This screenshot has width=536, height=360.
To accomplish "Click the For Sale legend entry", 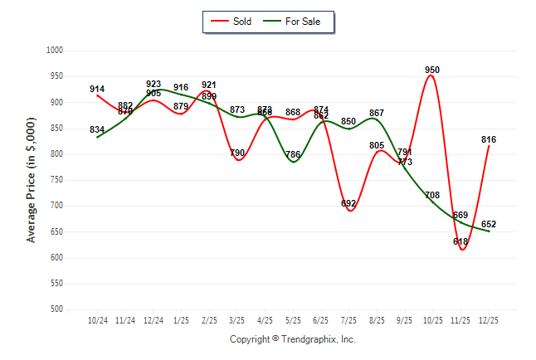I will coord(296,22).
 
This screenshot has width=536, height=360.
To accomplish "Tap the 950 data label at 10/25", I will coord(431,71).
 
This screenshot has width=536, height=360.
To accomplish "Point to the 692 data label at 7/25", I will coord(348,203).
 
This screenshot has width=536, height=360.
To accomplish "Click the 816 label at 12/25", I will coord(489,139).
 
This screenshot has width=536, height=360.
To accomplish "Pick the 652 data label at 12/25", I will coord(489,224).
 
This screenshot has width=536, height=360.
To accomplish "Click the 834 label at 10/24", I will coord(97,129).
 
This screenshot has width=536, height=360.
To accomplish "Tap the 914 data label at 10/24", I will coord(97,89).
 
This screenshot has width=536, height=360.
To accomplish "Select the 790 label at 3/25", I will coord(237,153).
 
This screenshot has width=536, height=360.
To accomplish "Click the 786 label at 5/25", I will coord(293,154).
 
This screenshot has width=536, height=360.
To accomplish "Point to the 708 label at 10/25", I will coord(431,195).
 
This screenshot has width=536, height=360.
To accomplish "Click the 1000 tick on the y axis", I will coord(54,51).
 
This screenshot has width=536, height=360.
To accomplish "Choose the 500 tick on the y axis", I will coord(56,309).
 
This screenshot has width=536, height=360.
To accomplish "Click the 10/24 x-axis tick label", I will coord(97,319).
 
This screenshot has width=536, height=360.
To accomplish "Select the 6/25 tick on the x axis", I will coord(321,319).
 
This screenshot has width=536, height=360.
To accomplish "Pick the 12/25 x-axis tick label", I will coord(489,319).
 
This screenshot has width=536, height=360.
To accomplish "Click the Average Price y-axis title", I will coord(32,180).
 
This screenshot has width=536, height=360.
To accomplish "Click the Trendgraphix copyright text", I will coord(292,339).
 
